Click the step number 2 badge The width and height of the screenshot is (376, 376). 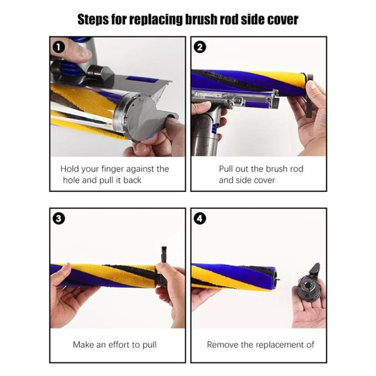point(200,47)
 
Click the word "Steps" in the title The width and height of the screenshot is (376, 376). point(95,20)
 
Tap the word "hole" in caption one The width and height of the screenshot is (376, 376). point(71,180)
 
